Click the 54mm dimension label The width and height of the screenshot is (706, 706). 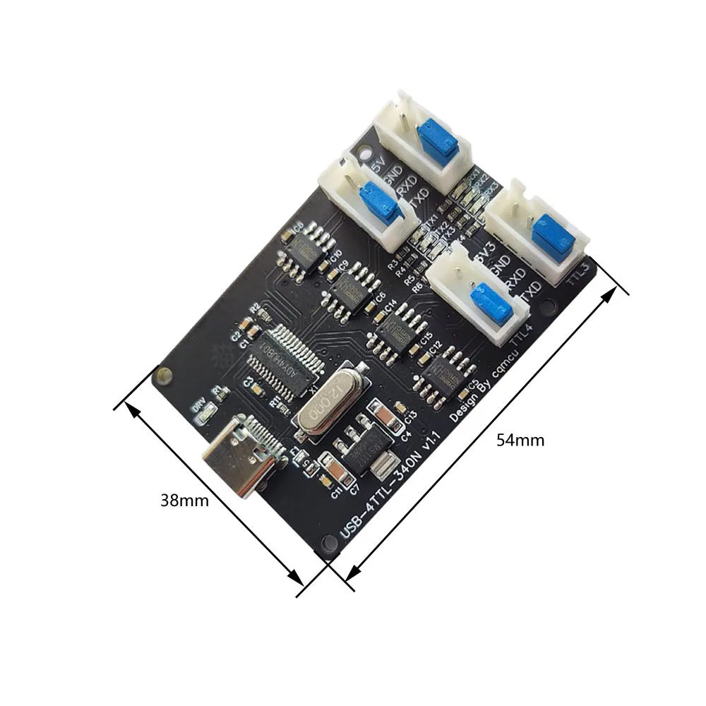coord(520,440)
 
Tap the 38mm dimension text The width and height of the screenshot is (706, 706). coord(184,501)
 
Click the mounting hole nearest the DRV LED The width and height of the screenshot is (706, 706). coord(164,375)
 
